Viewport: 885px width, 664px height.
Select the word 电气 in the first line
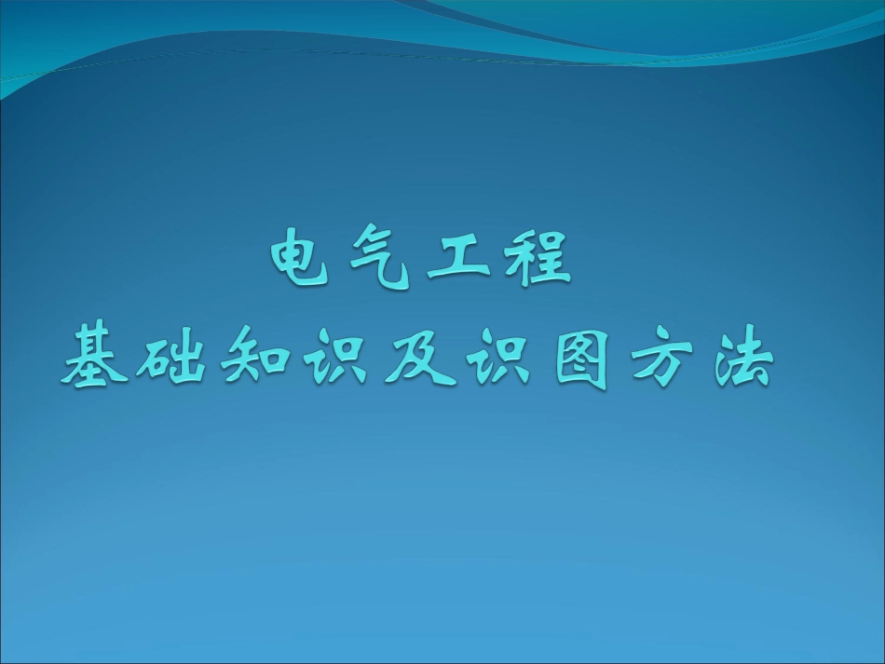coord(341,262)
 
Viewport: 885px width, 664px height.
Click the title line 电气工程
coord(418,262)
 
